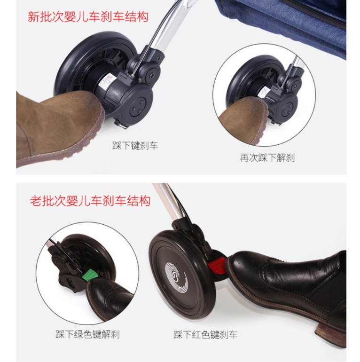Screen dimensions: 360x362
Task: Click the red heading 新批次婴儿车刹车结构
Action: pos(88,16)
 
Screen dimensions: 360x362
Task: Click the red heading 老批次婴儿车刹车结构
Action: pos(90,200)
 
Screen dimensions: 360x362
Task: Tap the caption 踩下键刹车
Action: pos(135,145)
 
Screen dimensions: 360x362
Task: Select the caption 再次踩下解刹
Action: pos(267,158)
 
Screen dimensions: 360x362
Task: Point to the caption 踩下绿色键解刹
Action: pos(87,334)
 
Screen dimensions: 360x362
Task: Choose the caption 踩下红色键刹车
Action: pos(205,335)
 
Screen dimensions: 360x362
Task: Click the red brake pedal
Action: pos(217,265)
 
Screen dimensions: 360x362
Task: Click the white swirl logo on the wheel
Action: pos(176,277)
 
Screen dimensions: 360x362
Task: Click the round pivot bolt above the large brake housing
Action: pos(152,75)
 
